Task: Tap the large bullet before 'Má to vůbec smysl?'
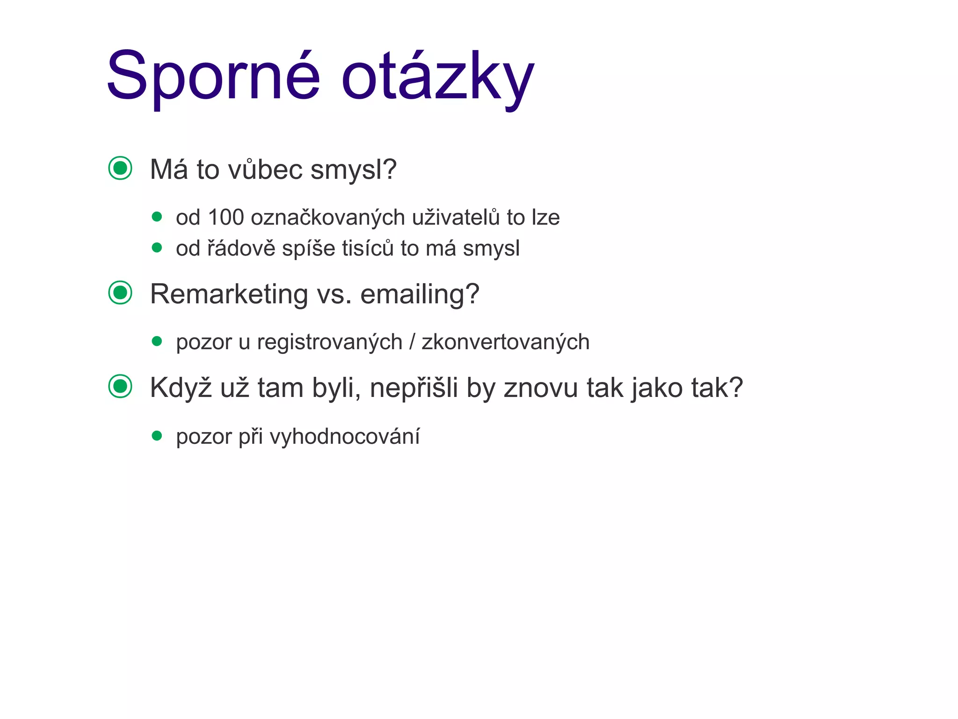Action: pos(120,168)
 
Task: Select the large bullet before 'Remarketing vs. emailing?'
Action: pos(120,293)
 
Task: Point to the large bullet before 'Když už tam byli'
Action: pos(120,387)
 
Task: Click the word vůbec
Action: pos(265,169)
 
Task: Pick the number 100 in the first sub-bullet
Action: pos(225,218)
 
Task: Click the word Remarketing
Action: pos(229,294)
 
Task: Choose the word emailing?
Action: pos(420,294)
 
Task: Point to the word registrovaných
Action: pos(329,342)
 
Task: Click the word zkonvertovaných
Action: pos(505,342)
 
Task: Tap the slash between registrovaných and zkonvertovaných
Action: pos(412,342)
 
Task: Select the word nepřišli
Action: pos(414,388)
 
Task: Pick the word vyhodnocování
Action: pos(345,437)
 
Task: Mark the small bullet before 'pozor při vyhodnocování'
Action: pos(157,436)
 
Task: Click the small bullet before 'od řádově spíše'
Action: pos(157,247)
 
